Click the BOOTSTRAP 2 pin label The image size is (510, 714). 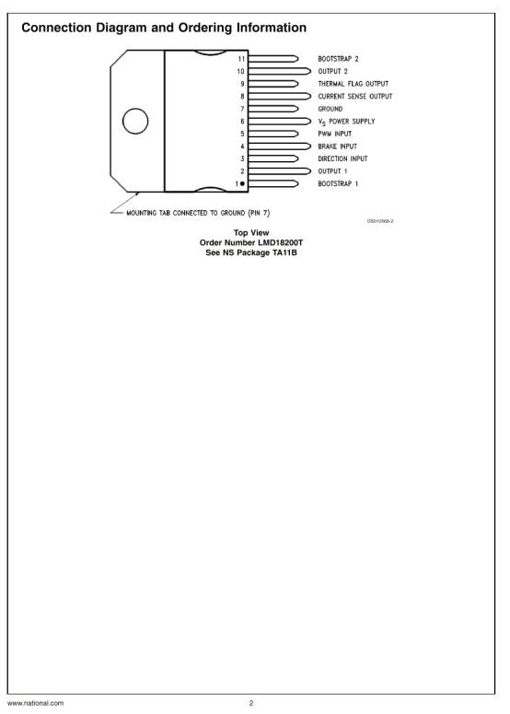pos(338,59)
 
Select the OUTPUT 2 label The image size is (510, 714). pos(332,72)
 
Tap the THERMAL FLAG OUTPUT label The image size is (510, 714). pos(354,84)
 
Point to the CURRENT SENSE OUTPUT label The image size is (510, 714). pos(354,97)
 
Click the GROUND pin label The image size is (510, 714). pos(330,109)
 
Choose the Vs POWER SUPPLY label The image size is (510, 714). pos(346,122)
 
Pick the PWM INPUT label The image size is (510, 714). pos(334,134)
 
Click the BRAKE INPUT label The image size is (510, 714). pos(337,146)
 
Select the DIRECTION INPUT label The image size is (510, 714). pos(342,158)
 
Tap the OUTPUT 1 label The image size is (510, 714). pos(332,171)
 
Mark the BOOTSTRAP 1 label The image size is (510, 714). pos(338,183)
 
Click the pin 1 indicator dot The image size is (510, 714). pos(242,183)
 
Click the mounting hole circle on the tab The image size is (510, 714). pos(135,121)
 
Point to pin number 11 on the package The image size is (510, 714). pos(241,59)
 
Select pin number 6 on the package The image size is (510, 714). pos(242,122)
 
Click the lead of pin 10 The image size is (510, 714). pos(279,72)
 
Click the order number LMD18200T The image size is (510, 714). pos(280,242)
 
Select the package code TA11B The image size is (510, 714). pos(284,252)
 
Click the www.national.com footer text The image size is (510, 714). pos(36,703)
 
